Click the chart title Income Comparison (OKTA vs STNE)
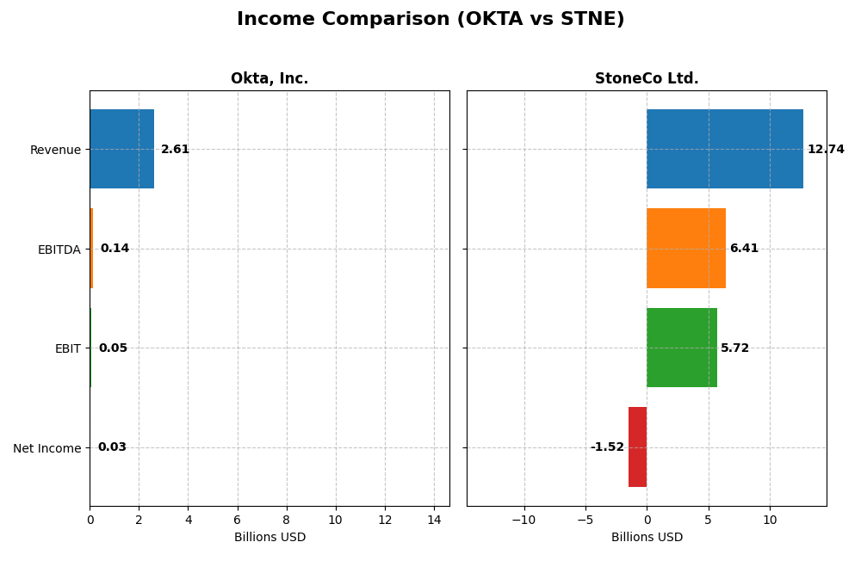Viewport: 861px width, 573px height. (x=430, y=19)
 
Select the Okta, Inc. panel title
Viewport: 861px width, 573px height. (x=269, y=79)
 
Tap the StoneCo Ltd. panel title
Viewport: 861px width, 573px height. (x=647, y=79)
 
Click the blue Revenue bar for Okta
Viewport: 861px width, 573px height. (x=121, y=149)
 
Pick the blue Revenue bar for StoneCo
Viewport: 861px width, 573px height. (x=725, y=149)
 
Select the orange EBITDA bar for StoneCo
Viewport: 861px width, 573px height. (x=686, y=249)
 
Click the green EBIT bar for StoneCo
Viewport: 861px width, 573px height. (x=682, y=348)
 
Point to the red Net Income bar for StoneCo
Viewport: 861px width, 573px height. (x=637, y=447)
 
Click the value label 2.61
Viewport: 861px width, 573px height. (x=175, y=150)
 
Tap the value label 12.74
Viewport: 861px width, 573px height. (x=826, y=150)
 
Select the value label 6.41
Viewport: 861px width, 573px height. (x=744, y=249)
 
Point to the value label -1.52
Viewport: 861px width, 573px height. (x=607, y=447)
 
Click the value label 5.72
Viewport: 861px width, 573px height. (x=735, y=348)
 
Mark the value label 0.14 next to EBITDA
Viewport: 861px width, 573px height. (x=115, y=249)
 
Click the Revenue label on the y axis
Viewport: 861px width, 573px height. (x=55, y=150)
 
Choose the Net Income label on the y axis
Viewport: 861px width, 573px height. (x=46, y=448)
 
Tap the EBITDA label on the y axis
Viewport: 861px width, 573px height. (x=59, y=250)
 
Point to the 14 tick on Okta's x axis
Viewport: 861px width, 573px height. (x=434, y=520)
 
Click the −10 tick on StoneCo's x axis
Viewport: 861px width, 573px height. (x=523, y=520)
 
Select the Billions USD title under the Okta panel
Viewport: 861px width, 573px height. (x=269, y=538)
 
